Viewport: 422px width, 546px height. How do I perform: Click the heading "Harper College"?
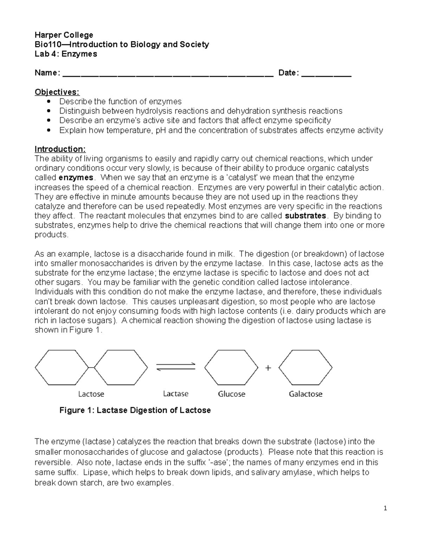(64, 35)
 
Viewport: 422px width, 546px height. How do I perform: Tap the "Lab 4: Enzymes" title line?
(66, 54)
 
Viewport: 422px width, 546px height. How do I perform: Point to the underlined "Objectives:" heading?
(57, 92)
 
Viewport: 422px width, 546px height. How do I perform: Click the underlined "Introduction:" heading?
(60, 149)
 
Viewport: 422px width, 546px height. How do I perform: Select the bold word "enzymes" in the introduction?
(76, 178)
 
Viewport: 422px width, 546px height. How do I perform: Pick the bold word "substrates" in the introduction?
(305, 216)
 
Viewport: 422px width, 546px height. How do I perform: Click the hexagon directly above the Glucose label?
(231, 367)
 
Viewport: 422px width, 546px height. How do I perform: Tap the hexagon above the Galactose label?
(305, 367)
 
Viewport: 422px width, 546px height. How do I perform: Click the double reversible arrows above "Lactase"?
(176, 366)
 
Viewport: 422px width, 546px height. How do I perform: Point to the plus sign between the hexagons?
(268, 368)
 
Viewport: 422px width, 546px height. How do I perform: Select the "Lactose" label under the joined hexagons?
(91, 394)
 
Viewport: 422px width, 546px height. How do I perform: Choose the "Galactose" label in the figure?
(305, 394)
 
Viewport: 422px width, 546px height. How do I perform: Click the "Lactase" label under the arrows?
(176, 394)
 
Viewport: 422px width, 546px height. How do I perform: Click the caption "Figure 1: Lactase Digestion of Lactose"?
(135, 410)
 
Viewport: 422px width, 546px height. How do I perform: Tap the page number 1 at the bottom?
(385, 508)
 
